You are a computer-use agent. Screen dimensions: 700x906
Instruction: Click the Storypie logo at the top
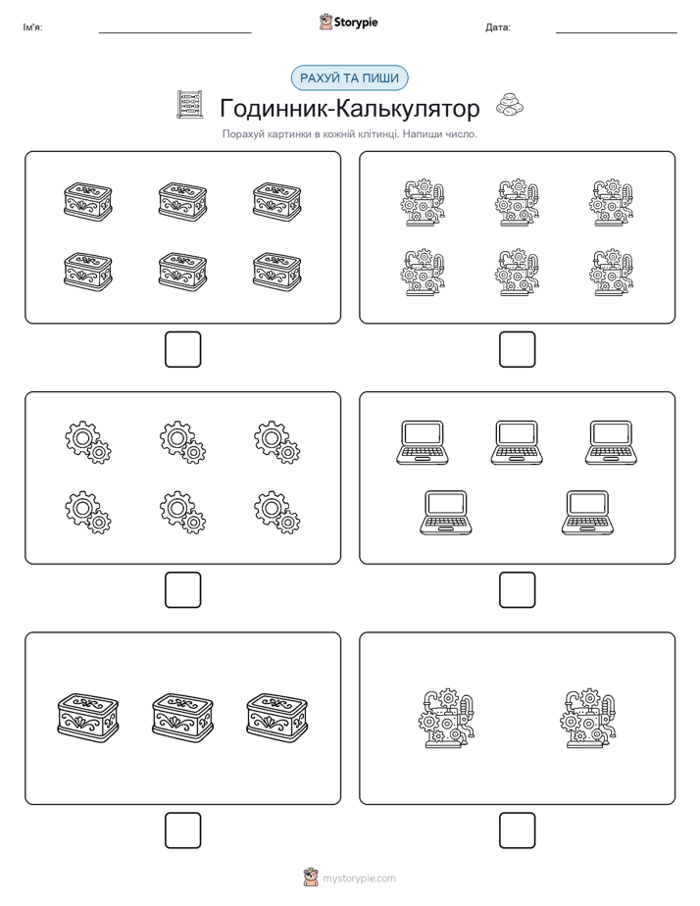(348, 23)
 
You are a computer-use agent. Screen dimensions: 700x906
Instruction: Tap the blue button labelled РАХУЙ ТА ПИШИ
(349, 78)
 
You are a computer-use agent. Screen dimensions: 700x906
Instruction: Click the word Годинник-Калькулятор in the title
(349, 108)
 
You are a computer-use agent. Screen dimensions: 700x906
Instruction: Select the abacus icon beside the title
(190, 105)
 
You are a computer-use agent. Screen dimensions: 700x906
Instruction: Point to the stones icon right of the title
(510, 105)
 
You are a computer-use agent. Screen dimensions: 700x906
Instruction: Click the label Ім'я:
(32, 27)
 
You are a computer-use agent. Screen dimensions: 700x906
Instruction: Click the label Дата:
(498, 27)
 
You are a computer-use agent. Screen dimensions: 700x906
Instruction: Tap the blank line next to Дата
(617, 32)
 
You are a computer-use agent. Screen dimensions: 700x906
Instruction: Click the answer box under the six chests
(183, 350)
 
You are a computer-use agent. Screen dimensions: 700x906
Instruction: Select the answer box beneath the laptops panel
(518, 590)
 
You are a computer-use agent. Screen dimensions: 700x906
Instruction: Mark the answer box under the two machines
(518, 830)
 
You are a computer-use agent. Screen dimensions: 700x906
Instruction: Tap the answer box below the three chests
(183, 830)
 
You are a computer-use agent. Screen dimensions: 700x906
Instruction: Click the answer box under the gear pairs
(183, 590)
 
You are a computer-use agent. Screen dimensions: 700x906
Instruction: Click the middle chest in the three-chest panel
(182, 718)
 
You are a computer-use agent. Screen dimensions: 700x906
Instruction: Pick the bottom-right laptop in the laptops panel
(588, 513)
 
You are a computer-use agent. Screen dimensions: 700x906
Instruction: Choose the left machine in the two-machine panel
(446, 718)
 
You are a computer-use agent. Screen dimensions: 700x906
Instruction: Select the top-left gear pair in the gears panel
(88, 442)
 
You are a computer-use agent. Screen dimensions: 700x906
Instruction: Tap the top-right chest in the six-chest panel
(277, 202)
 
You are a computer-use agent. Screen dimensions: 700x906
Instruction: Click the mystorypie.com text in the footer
(359, 879)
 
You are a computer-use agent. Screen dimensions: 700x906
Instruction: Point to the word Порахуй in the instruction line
(239, 134)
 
